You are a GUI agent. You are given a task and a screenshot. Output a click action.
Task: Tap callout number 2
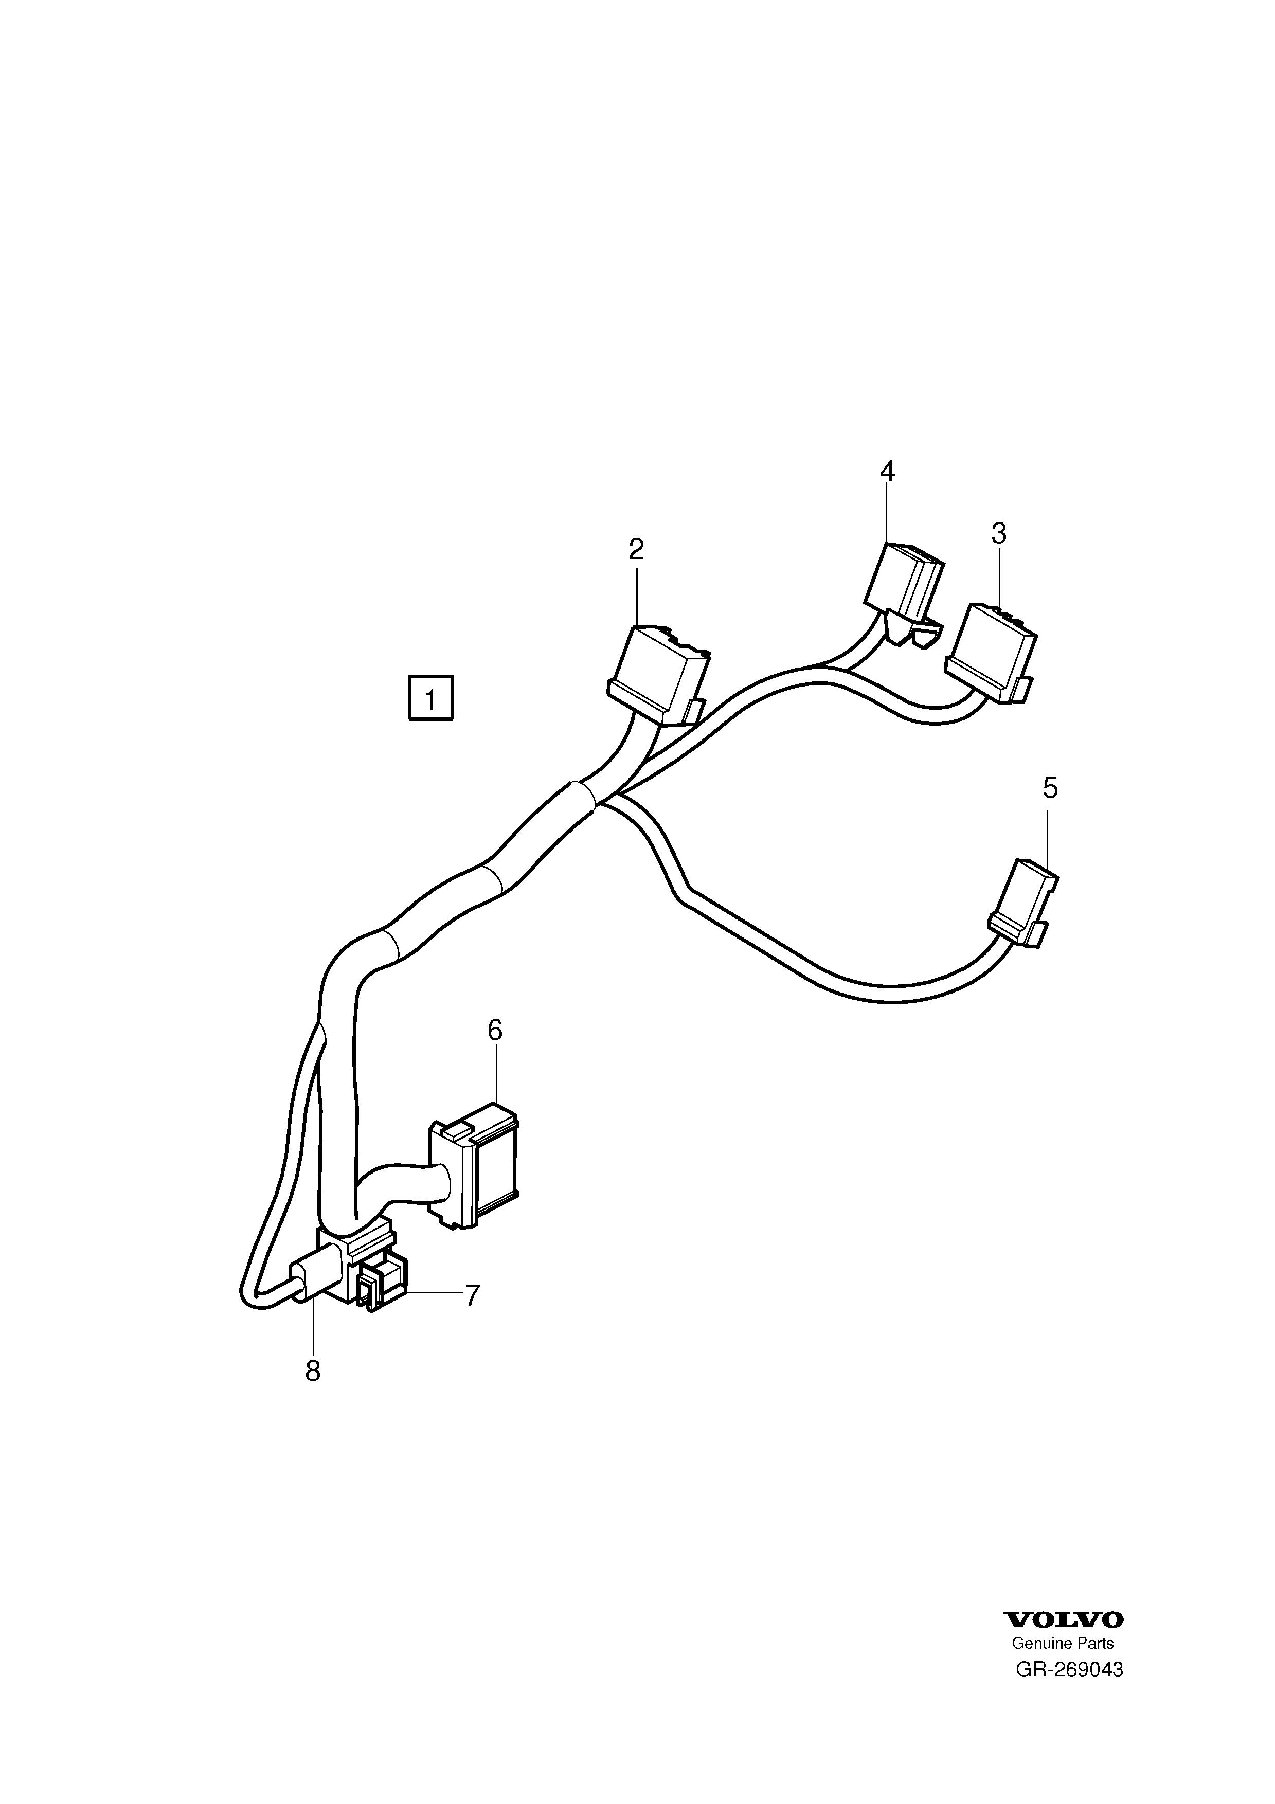pos(636,548)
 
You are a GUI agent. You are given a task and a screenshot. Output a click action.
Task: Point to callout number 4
pos(887,472)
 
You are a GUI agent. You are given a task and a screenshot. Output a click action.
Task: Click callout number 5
pos(1050,787)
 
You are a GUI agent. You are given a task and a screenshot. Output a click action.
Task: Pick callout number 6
pos(495,1030)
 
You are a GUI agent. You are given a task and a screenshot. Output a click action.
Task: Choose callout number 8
pos(313,1371)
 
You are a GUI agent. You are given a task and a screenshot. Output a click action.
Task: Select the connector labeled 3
pos(992,653)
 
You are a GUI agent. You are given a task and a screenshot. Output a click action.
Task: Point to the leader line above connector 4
pos(887,514)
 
